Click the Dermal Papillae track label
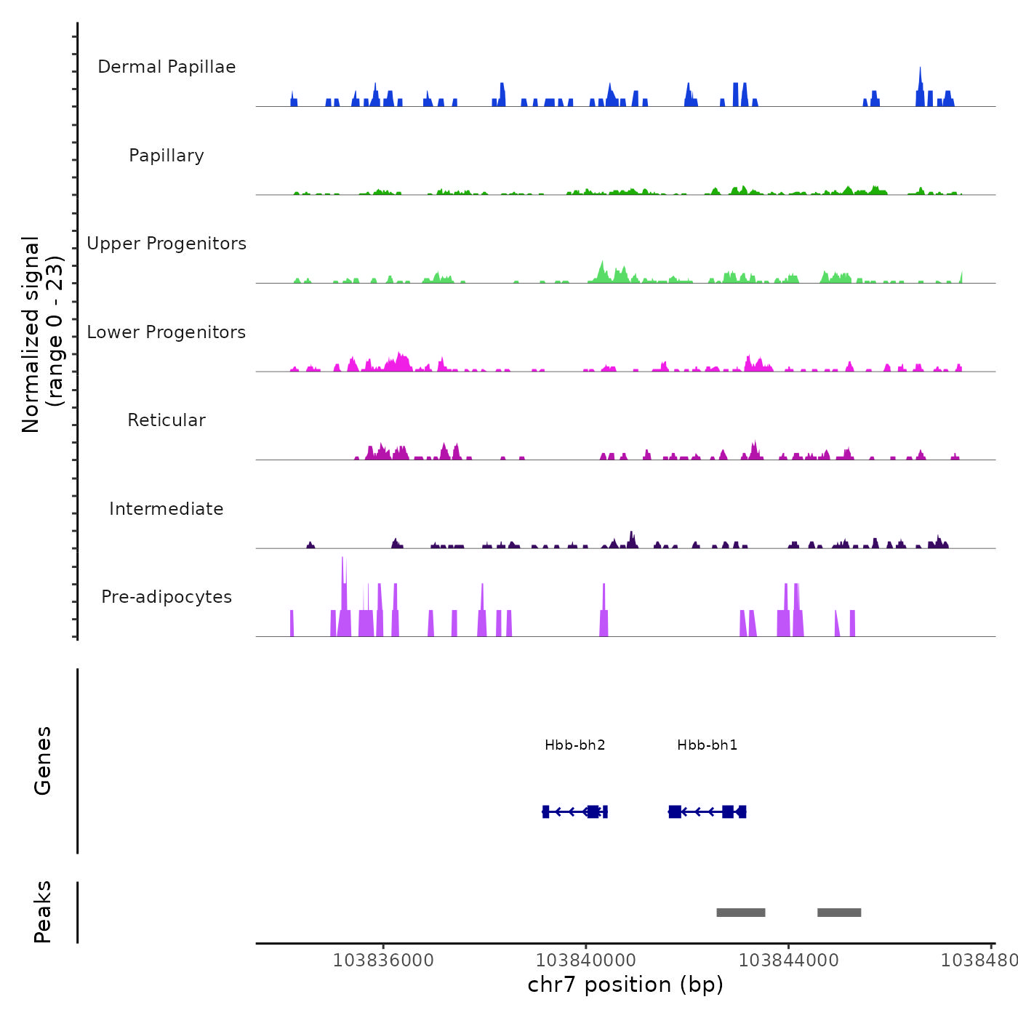167,67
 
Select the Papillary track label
167,156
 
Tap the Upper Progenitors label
167,244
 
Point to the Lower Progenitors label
167,332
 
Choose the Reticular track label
167,420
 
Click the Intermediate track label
167,509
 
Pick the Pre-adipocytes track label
167,597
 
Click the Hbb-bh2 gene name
575,745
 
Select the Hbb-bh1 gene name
708,745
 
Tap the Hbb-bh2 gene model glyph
575,811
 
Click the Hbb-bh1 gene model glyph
708,811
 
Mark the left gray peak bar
741,913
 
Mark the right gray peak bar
839,913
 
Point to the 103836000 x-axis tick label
383,961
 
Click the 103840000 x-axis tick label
585,961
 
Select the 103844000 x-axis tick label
788,961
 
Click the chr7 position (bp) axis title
625,985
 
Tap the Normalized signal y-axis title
42,334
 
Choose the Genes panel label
43,761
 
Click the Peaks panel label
43,912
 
